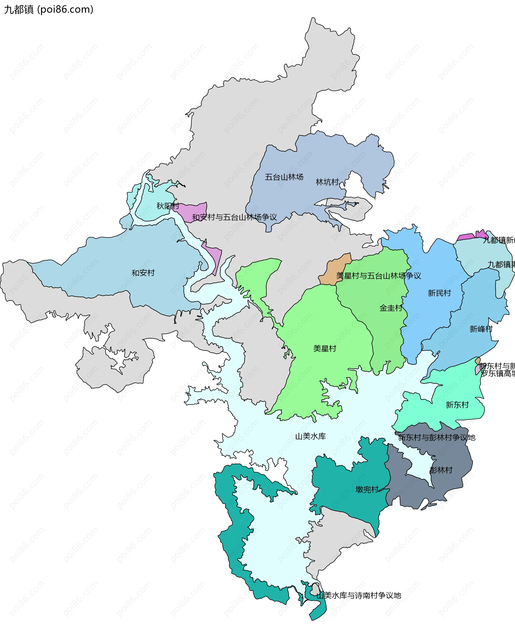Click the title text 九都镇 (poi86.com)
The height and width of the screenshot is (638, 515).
point(49,9)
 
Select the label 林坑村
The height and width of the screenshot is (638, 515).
point(327,182)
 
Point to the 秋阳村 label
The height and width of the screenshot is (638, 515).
point(168,206)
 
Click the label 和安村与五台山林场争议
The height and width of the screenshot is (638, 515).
point(234,217)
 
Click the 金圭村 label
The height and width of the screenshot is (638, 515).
point(391,308)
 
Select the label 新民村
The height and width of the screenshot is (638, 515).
point(439,293)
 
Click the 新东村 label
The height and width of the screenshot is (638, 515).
point(457,405)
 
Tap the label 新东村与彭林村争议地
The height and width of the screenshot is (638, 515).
point(436,437)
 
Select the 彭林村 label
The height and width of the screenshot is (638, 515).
point(441,470)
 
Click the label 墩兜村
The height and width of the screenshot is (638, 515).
point(367,489)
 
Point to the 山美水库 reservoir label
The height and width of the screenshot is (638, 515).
point(310,436)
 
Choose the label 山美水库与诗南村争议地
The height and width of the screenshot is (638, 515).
point(358,595)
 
